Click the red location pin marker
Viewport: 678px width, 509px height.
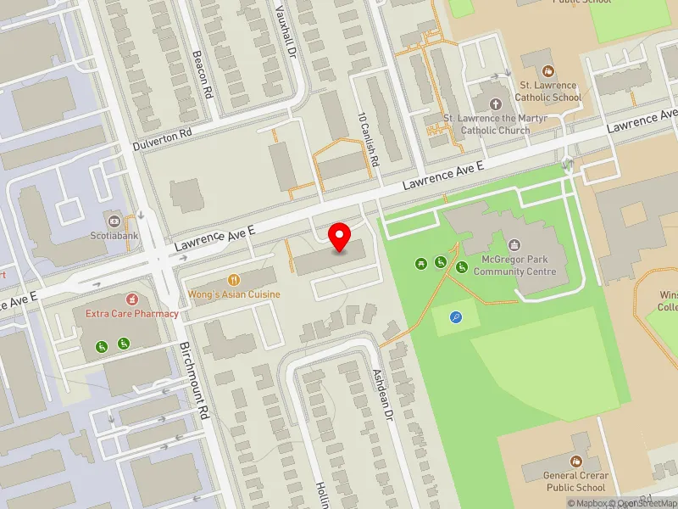coord(340,237)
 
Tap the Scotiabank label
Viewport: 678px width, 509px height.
coord(114,237)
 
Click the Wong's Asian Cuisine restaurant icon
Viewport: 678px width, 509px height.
coord(234,279)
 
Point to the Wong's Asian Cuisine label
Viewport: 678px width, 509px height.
coord(234,294)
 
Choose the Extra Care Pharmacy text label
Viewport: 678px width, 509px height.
coord(132,313)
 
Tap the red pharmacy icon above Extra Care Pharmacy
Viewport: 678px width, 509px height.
coord(131,299)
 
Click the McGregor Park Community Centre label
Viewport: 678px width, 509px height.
coord(514,266)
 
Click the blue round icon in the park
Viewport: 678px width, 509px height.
coord(457,318)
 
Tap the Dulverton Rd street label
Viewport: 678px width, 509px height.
coord(164,139)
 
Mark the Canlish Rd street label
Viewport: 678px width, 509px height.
coord(368,139)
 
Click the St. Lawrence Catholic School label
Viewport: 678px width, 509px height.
coord(549,92)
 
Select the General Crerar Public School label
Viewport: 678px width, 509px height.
coord(575,482)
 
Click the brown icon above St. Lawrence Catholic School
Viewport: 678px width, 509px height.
coord(548,71)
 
